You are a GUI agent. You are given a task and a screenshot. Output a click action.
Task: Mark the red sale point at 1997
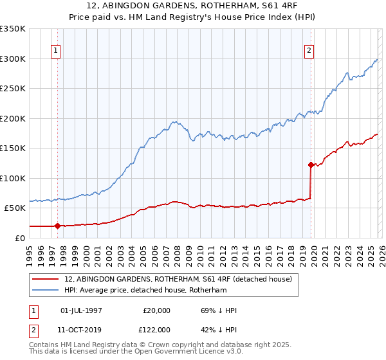click(x=57, y=226)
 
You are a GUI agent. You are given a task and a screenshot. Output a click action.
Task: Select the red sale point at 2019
click(x=311, y=165)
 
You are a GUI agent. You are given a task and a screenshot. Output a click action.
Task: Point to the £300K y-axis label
click(x=13, y=59)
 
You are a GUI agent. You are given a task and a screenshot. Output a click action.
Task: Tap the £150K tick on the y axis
click(x=13, y=148)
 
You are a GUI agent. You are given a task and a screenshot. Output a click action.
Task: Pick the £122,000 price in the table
click(x=156, y=329)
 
